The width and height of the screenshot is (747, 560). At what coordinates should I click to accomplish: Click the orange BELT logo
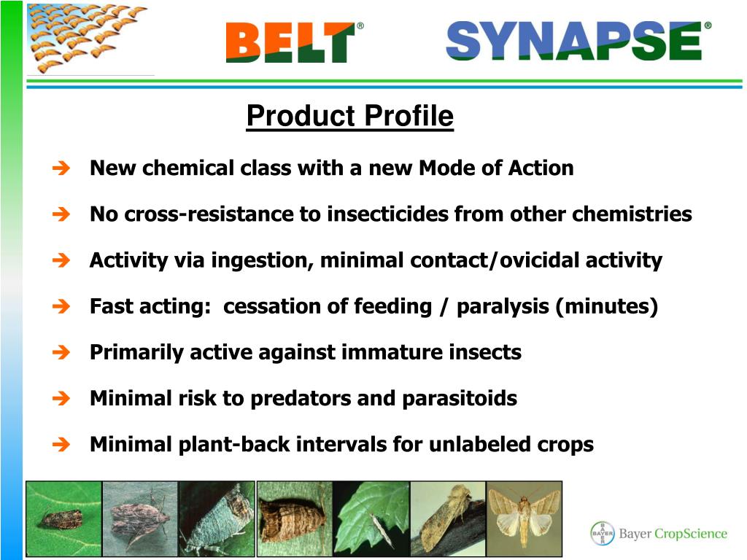(291, 42)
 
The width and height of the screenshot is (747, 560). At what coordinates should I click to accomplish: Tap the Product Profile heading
(349, 116)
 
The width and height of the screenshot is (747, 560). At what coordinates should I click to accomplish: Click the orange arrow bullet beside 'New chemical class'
(61, 168)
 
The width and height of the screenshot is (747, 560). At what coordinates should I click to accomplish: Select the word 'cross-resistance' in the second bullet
(209, 214)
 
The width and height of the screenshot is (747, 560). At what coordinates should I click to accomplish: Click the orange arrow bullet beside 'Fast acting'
(61, 306)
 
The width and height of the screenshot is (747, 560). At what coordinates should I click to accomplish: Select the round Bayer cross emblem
(603, 533)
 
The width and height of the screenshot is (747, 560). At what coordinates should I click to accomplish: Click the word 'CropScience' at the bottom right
(691, 534)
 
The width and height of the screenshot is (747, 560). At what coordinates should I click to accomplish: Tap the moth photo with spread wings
(524, 518)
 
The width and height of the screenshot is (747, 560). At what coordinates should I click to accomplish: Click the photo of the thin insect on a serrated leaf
(371, 518)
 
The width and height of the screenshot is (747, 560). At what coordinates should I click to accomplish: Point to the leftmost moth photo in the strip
(64, 518)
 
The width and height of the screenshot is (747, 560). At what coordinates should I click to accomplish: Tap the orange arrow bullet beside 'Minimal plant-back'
(61, 444)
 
